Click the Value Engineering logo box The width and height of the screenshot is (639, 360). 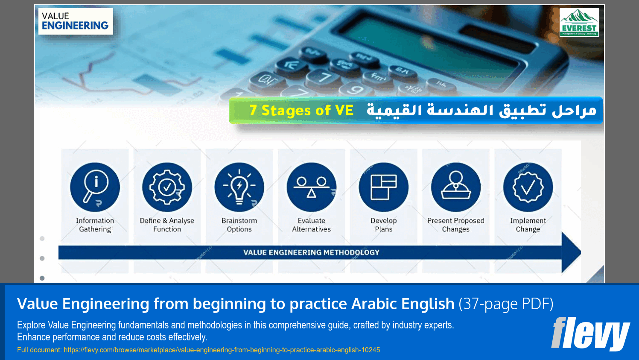coord(76,21)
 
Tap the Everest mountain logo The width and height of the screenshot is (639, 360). coord(579,23)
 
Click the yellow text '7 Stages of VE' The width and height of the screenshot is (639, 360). coord(301,111)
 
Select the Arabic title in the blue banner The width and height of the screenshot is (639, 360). coord(481,111)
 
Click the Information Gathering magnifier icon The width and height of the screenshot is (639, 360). coord(95,187)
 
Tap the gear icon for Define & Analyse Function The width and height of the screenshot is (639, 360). coord(167,187)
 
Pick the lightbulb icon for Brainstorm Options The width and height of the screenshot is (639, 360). coord(239,187)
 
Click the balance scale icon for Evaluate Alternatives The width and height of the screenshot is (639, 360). coord(311,187)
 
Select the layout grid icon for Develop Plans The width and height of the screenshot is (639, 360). coord(383,187)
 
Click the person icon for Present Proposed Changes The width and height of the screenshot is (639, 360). coord(455,187)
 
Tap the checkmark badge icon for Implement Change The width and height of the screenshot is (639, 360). coord(528,187)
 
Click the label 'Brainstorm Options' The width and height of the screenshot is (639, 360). coord(239,225)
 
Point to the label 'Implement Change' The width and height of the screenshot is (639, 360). coord(528,225)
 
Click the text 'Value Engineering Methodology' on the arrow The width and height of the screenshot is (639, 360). coord(311,252)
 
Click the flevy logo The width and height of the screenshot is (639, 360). coord(590,334)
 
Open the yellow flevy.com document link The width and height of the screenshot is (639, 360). coord(222,350)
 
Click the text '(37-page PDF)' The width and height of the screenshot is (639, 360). coord(506,304)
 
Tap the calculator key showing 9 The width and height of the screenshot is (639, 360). coord(355,89)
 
